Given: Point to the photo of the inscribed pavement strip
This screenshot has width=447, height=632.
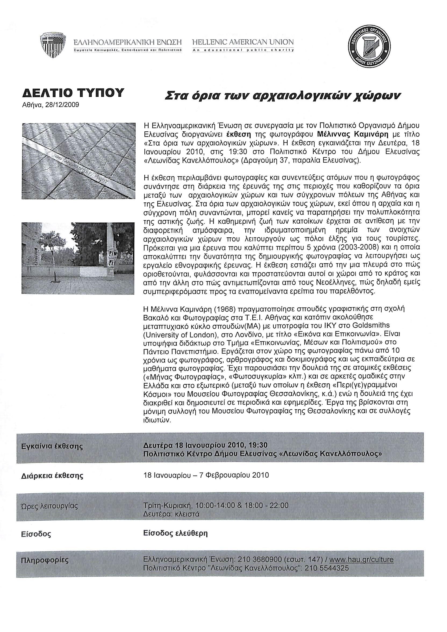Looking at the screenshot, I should tap(79, 161).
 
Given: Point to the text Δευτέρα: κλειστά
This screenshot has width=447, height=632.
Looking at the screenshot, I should tap(171, 514).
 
